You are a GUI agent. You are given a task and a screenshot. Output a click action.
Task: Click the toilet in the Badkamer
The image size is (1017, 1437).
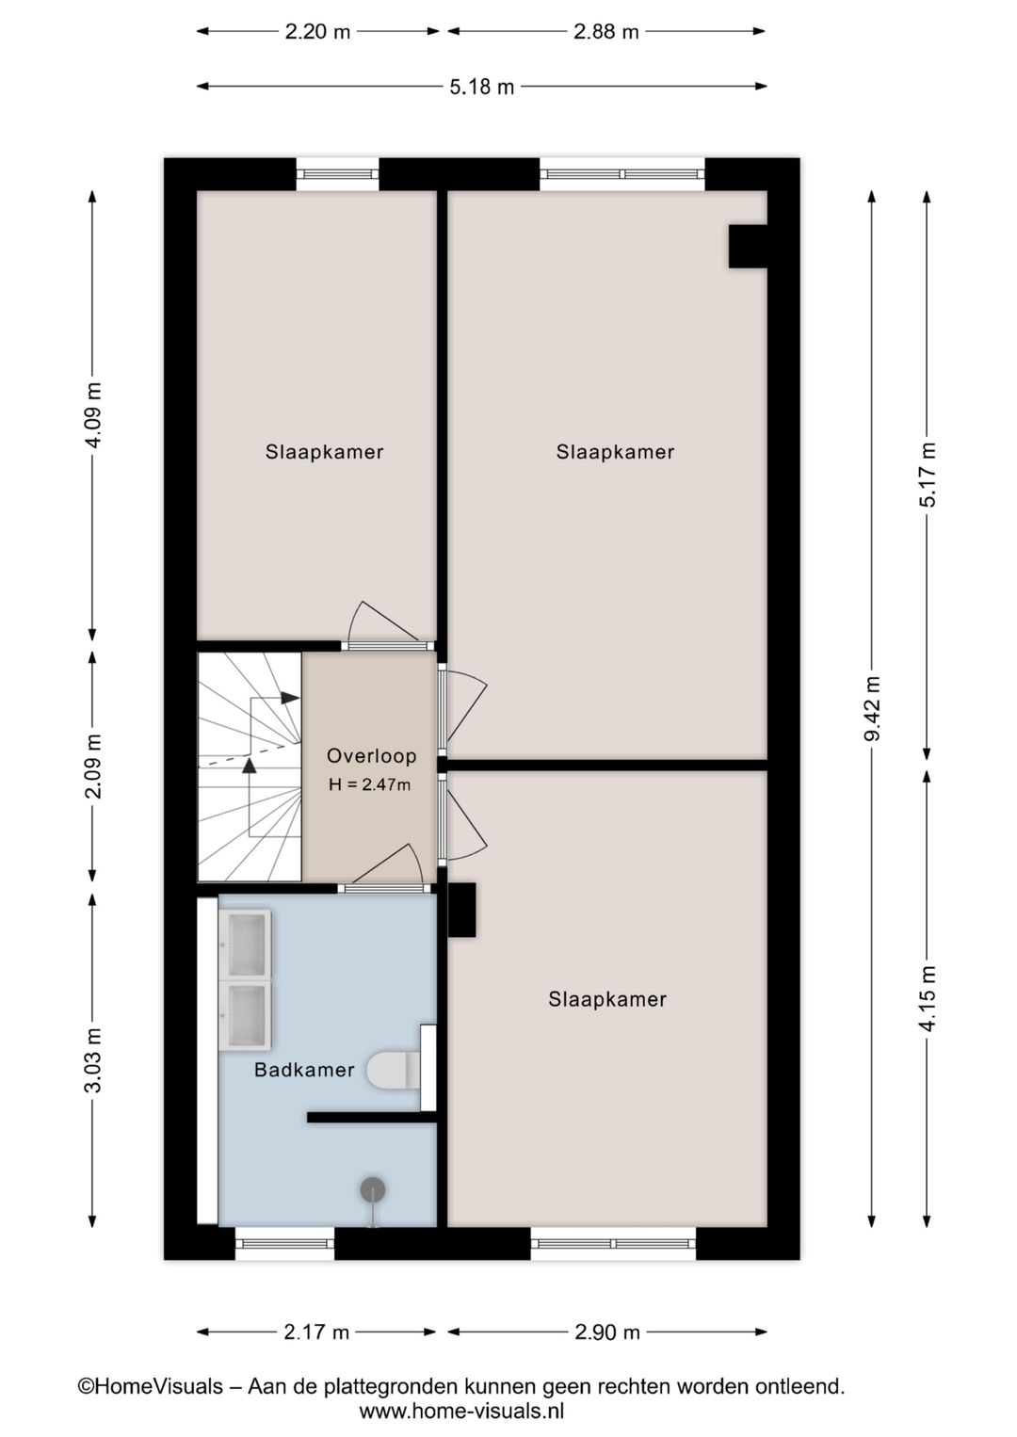point(394,1070)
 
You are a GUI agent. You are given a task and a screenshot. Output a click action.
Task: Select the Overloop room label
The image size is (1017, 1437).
point(372,756)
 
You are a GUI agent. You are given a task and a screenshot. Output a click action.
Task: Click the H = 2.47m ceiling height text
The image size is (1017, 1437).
point(369,783)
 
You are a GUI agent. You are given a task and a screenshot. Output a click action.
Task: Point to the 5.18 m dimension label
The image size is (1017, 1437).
point(482,87)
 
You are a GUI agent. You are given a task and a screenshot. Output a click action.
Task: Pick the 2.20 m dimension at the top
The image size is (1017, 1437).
point(317,31)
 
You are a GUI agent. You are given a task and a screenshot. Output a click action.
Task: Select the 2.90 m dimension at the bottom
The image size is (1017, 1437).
point(607,1332)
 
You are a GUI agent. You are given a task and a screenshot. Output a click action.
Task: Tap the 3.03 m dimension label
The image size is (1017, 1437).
point(93,1059)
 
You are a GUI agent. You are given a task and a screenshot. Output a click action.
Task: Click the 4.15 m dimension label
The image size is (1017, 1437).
point(928,998)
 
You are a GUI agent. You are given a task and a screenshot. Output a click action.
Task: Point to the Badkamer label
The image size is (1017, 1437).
point(304,1070)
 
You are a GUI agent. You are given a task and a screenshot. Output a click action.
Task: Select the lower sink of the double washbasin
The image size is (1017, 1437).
point(247,1014)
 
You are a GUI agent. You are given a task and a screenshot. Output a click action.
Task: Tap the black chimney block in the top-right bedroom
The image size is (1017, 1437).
point(748,246)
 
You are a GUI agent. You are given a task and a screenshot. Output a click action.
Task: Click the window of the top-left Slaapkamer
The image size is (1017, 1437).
point(337,174)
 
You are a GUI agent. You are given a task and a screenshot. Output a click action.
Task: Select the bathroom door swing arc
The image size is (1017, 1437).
point(388,864)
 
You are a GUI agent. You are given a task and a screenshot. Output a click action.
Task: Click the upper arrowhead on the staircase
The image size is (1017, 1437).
point(291,698)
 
